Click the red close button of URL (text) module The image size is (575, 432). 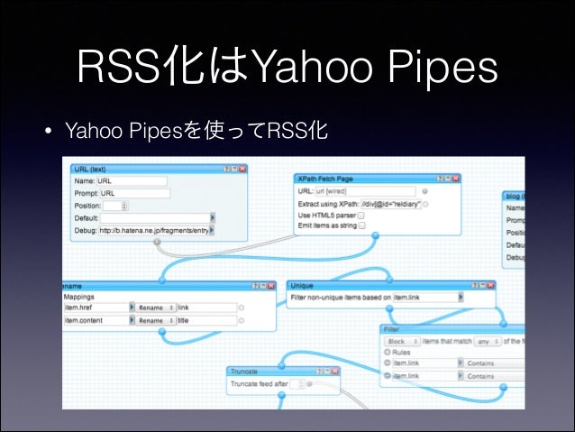pos(242,169)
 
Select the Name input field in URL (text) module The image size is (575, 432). pos(133,180)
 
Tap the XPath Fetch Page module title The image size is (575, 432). pos(326,179)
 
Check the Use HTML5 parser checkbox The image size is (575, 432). pos(361,216)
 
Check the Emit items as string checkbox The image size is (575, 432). pos(361,225)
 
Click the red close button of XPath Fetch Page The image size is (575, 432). pos(457,179)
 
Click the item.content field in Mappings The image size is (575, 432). pos(96,320)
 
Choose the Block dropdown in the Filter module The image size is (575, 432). pos(402,342)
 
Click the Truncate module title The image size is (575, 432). pos(244,371)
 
